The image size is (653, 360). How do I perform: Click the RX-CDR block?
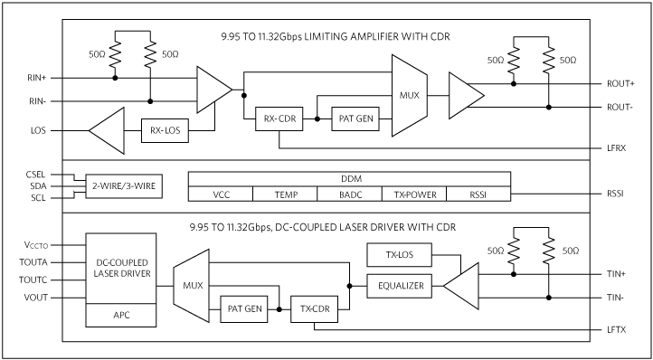point(279,118)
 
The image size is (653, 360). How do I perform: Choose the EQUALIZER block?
point(399,285)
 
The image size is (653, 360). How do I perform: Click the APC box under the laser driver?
point(120,315)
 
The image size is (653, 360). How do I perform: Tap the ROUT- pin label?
point(620,107)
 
